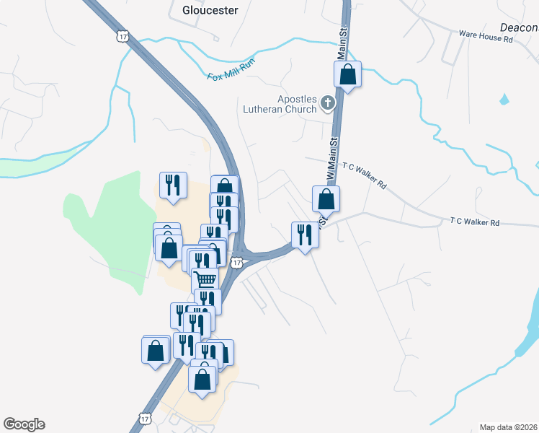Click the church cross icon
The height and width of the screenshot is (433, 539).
click(328, 103)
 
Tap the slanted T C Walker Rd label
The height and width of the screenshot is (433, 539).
click(365, 175)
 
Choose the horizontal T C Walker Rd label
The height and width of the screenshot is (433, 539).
click(475, 222)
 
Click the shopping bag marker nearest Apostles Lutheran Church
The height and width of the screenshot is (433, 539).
click(347, 74)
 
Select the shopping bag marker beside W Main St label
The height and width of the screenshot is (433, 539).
click(326, 198)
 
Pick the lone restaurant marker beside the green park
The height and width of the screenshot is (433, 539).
click(173, 185)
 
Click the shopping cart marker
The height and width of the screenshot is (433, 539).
click(205, 279)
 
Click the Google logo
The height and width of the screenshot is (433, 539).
click(24, 424)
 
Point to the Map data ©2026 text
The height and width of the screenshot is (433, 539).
click(508, 427)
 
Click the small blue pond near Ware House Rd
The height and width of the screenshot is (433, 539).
click(504, 99)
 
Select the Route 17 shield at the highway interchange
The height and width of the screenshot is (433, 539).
click(237, 263)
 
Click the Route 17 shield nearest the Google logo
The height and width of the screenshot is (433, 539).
click(146, 419)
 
